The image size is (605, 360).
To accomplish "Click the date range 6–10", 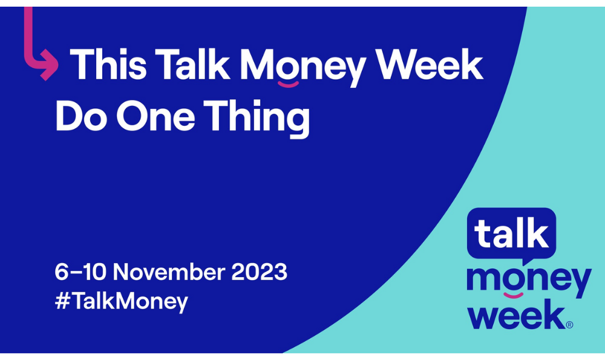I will [x=80, y=272].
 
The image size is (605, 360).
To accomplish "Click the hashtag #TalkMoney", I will [x=121, y=301].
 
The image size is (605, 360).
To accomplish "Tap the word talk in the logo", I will [x=511, y=233].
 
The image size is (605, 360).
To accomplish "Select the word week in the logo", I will [x=517, y=315].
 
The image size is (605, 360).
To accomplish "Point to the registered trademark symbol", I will [x=569, y=325].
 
